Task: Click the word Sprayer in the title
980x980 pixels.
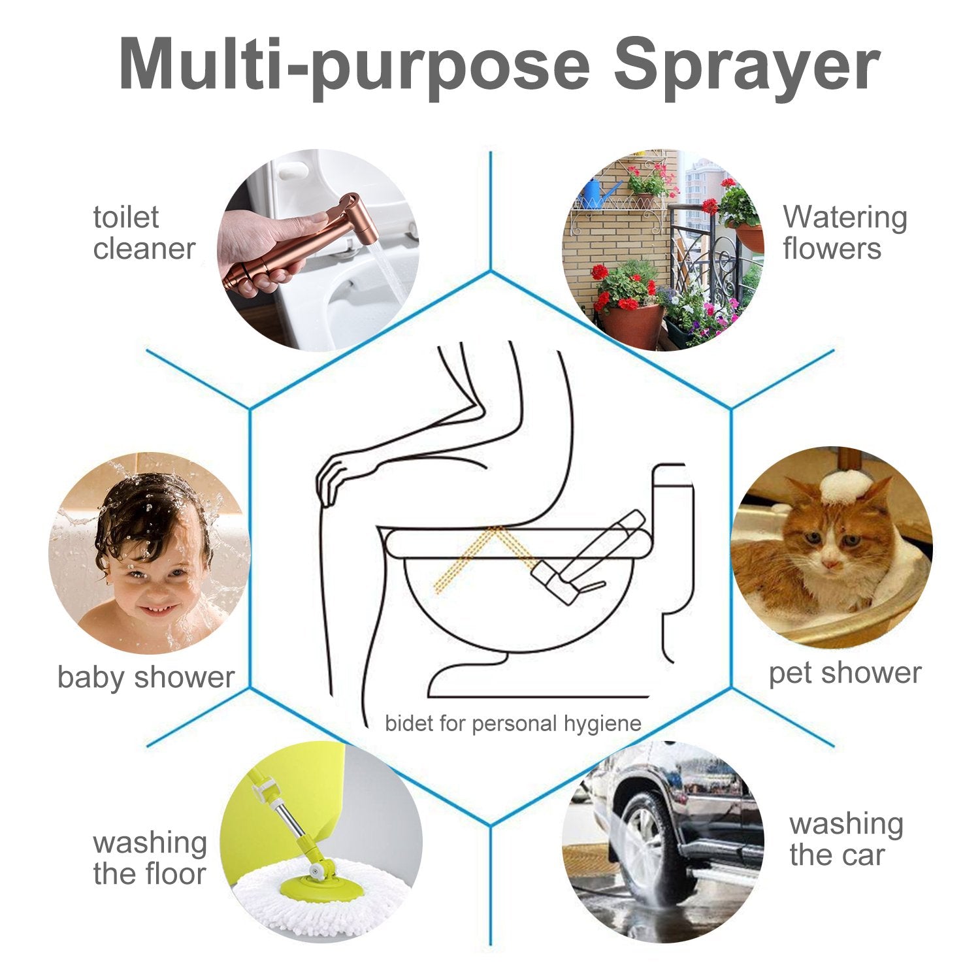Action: pyautogui.click(x=746, y=64)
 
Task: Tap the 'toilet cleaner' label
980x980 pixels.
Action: pyautogui.click(x=144, y=233)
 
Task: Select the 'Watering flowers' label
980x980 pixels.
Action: pyautogui.click(x=845, y=233)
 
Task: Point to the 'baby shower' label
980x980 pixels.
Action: pyautogui.click(x=146, y=677)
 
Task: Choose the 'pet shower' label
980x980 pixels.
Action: pyautogui.click(x=844, y=673)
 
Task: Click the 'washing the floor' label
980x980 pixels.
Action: pyautogui.click(x=150, y=858)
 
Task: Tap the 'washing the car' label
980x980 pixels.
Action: pyautogui.click(x=845, y=839)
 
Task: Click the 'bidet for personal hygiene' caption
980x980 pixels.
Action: pyautogui.click(x=513, y=724)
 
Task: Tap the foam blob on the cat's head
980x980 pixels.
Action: pyautogui.click(x=842, y=487)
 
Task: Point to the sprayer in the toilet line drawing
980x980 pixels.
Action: pyautogui.click(x=588, y=555)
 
